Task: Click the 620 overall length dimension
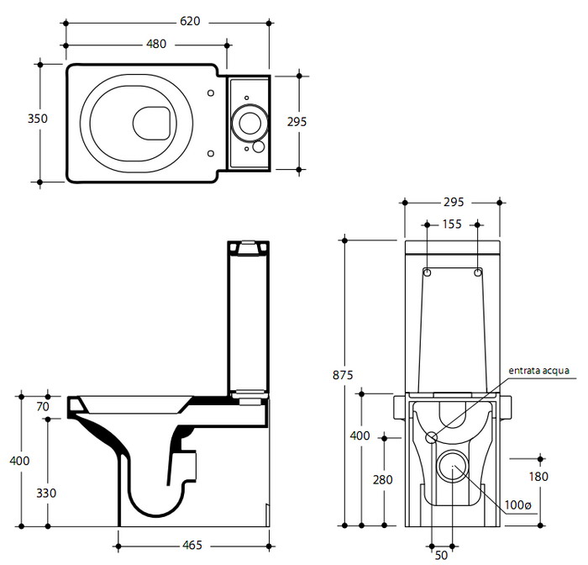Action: pyautogui.click(x=189, y=21)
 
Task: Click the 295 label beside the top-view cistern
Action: pyautogui.click(x=297, y=122)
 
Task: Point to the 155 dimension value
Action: pyautogui.click(x=452, y=224)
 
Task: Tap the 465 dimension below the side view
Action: pyautogui.click(x=192, y=546)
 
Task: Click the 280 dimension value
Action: pyautogui.click(x=381, y=479)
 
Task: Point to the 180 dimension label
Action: pyautogui.click(x=538, y=477)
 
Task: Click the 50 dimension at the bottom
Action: pyautogui.click(x=443, y=555)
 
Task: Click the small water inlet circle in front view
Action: pyautogui.click(x=431, y=437)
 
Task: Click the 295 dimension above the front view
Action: pyautogui.click(x=454, y=203)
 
